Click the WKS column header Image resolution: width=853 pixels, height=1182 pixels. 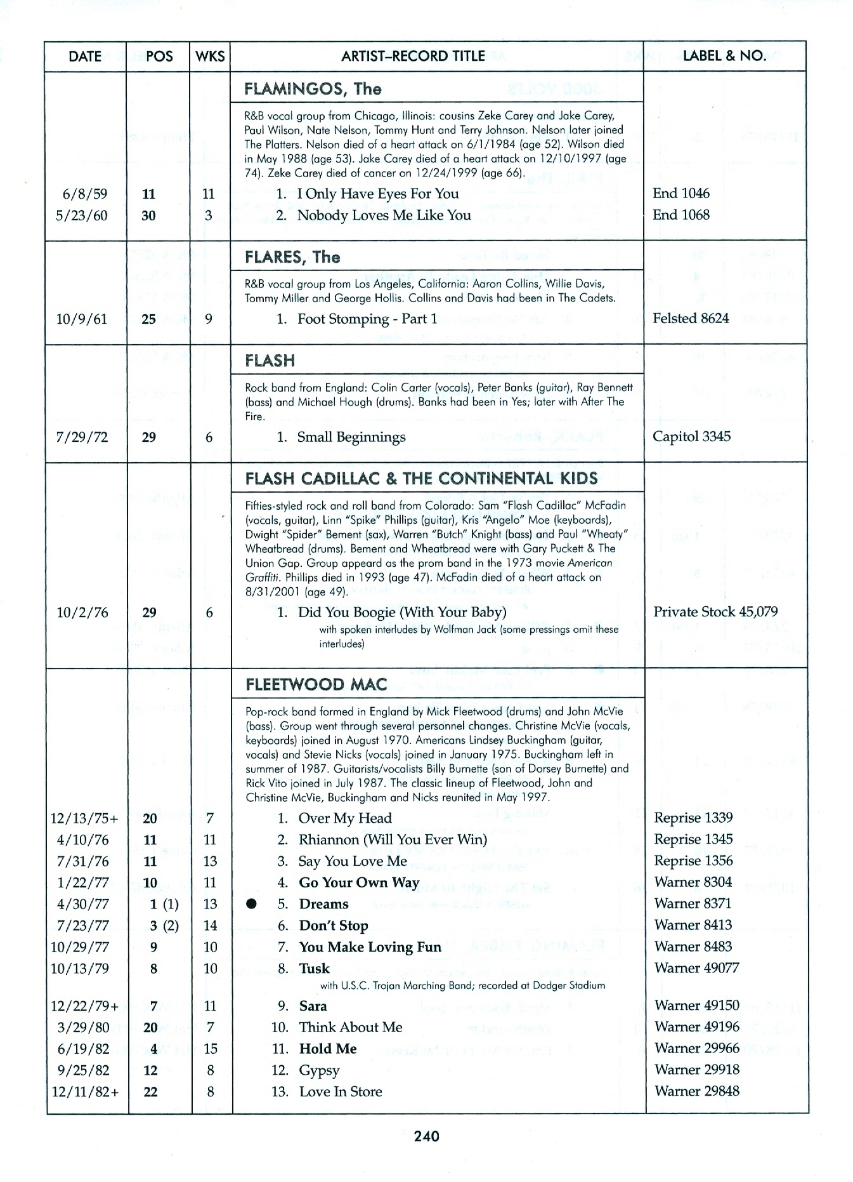coord(210,56)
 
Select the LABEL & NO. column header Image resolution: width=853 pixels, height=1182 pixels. coord(724,56)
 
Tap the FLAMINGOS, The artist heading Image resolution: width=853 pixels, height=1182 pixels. coord(313,88)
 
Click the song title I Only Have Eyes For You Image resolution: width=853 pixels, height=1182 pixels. coord(378,194)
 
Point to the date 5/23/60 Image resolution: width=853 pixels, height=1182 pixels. coord(82,215)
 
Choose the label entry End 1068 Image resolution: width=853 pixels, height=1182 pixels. coord(681,215)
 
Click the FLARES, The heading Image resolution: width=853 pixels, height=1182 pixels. coord(292,257)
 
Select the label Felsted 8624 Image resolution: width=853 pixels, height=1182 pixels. coord(691,318)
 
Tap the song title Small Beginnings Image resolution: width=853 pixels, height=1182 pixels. coord(351,437)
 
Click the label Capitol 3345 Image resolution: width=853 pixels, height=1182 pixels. coord(691,436)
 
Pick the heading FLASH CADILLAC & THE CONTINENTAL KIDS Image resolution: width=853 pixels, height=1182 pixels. coord(421,478)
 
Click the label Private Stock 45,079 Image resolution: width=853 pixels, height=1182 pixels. coord(715,611)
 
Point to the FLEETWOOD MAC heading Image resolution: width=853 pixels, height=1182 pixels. coord(316,684)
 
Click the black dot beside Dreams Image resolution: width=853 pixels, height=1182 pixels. coord(252,904)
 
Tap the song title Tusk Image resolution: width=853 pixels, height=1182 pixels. coord(315,968)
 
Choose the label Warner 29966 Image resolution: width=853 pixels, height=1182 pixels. coord(696,1048)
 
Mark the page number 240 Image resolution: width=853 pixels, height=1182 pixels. coord(426,1136)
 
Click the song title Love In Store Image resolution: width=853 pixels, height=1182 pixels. coord(341,1091)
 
